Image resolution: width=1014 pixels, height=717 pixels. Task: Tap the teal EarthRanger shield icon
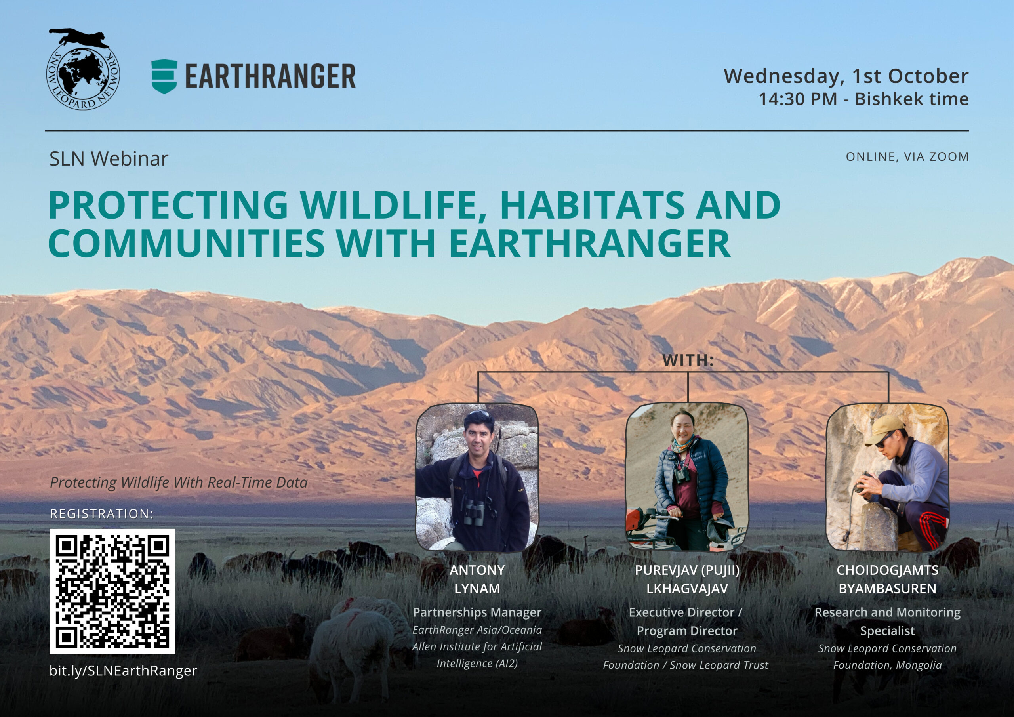point(164,76)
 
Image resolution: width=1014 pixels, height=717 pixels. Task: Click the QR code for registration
point(112,591)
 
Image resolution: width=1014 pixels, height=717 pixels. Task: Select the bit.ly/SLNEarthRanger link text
point(123,671)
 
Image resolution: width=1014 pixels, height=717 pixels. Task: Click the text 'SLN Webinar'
point(109,159)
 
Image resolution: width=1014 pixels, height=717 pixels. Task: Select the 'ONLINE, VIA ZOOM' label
point(907,157)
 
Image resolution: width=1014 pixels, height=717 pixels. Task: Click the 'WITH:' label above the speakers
point(688,360)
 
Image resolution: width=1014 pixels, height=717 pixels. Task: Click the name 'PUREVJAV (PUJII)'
point(687,570)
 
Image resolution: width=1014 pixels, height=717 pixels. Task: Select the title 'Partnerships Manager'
point(477,612)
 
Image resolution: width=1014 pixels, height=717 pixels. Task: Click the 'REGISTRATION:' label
point(101,514)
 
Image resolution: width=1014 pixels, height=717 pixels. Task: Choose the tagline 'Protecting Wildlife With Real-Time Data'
point(179,482)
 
